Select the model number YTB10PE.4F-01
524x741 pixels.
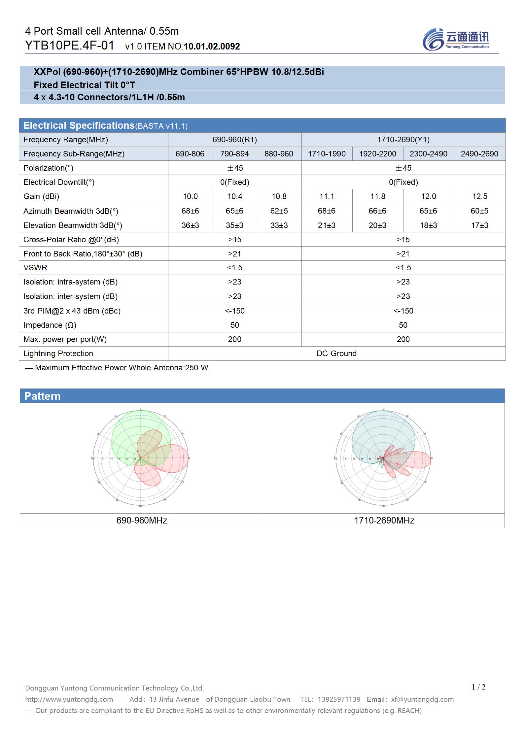pyautogui.click(x=70, y=46)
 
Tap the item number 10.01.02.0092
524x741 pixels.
pyautogui.click(x=212, y=47)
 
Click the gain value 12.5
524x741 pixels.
pyautogui.click(x=479, y=196)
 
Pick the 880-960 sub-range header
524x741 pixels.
pyautogui.click(x=279, y=154)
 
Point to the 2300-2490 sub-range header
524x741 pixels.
pyautogui.click(x=428, y=154)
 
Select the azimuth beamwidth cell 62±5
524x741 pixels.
pyautogui.click(x=279, y=211)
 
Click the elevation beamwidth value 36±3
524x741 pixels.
pyautogui.click(x=190, y=225)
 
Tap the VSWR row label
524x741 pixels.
pyautogui.click(x=35, y=268)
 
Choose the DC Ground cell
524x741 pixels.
pyautogui.click(x=336, y=354)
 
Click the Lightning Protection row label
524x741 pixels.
pyautogui.click(x=58, y=354)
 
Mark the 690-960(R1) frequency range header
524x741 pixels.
pyautogui.click(x=234, y=140)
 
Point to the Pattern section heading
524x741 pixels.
pyautogui.click(x=43, y=396)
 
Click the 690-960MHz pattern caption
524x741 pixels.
pyautogui.click(x=142, y=521)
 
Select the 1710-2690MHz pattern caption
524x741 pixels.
pyautogui.click(x=384, y=521)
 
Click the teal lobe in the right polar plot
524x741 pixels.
pyautogui.click(x=373, y=429)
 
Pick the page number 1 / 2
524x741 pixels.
pyautogui.click(x=478, y=687)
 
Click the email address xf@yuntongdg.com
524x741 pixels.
pyautogui.click(x=422, y=699)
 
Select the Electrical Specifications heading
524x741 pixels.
pyautogui.click(x=79, y=125)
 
